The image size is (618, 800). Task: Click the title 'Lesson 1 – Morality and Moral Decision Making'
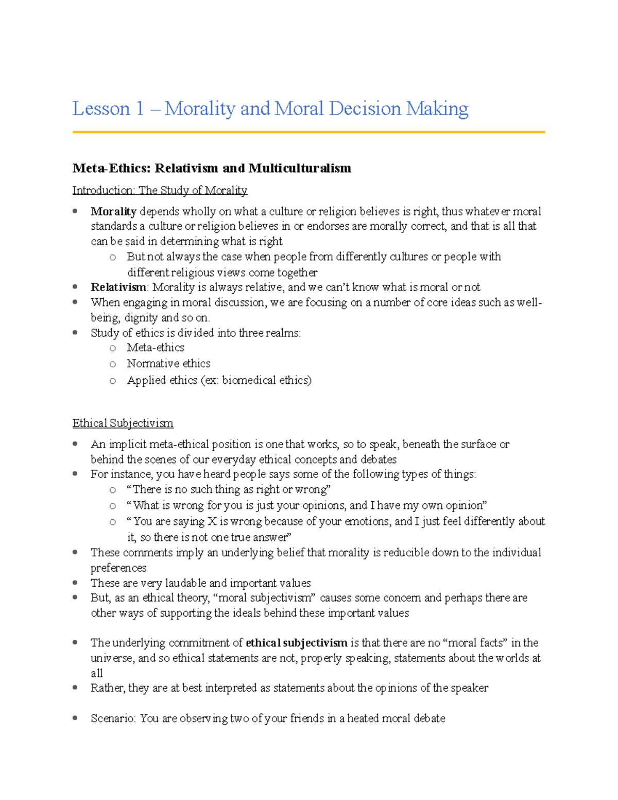coord(270,109)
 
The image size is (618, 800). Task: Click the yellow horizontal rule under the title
coord(308,132)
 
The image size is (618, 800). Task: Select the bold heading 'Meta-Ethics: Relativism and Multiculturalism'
coord(212,168)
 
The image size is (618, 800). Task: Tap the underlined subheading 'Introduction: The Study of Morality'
coord(160,191)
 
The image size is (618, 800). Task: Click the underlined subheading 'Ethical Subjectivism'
coord(123,423)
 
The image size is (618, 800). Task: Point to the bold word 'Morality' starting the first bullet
coord(113,212)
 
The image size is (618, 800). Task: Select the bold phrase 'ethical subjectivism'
coord(297,643)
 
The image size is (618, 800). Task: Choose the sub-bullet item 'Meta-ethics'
coord(156,348)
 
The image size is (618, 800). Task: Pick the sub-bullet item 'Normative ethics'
coord(168,364)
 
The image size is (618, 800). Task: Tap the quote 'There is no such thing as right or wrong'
coord(229,490)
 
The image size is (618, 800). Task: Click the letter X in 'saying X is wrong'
coord(212,521)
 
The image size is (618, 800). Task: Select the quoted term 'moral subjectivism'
coord(267,598)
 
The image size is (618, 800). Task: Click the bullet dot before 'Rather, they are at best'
coord(75,688)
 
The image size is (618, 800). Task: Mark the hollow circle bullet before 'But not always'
coord(112,258)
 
